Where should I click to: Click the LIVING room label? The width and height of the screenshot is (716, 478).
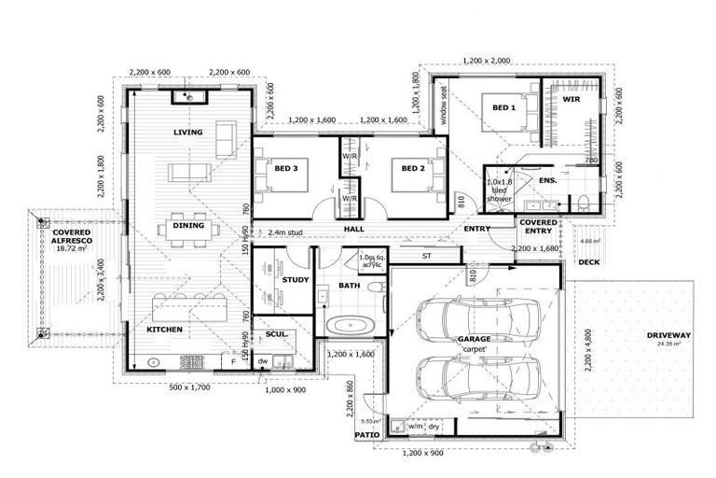[187, 133]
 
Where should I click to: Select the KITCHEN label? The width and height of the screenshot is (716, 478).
[164, 330]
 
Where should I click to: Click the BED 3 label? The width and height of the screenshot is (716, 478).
[286, 169]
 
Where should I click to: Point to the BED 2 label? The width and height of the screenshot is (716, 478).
[413, 169]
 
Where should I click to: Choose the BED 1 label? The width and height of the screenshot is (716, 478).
[503, 108]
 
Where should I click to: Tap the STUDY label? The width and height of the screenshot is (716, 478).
[296, 279]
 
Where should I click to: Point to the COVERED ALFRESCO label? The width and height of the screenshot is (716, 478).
[70, 235]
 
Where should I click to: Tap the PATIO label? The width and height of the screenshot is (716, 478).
[365, 435]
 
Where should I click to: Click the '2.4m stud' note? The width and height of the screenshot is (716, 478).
[286, 232]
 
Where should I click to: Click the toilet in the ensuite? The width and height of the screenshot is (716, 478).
[582, 202]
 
